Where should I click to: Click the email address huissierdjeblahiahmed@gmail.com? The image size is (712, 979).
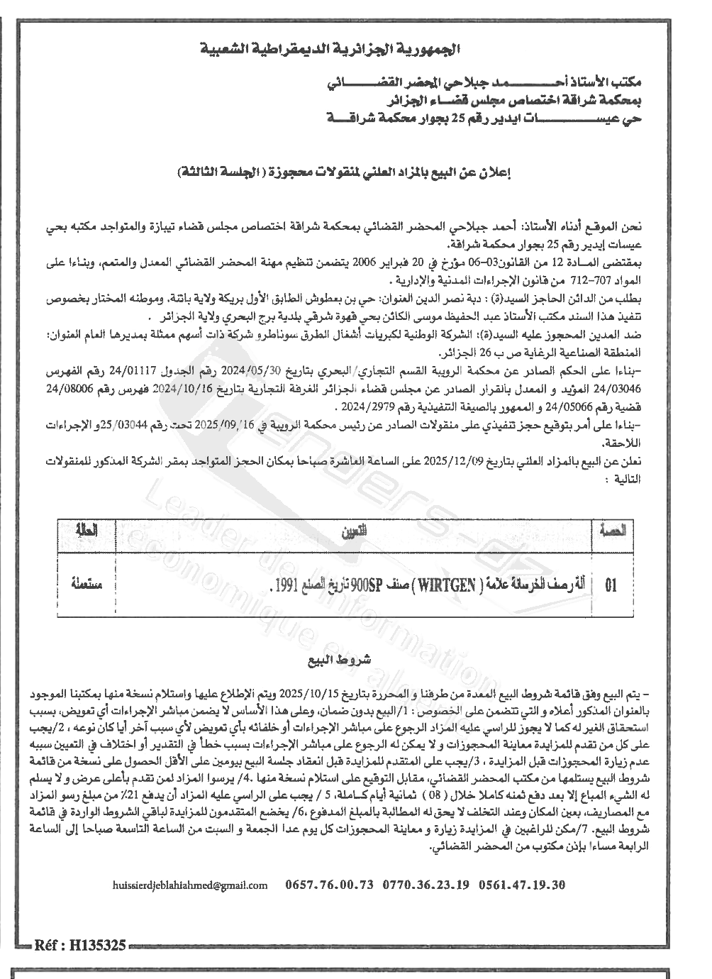[190, 885]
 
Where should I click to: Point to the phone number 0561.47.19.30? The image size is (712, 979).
[523, 885]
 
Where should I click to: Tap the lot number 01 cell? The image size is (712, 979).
[610, 586]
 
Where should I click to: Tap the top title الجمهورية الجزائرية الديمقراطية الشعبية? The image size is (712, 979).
[330, 51]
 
